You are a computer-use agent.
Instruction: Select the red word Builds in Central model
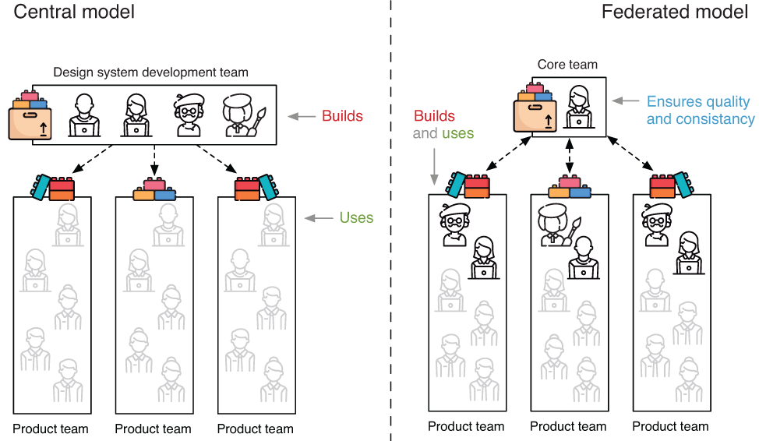(342, 116)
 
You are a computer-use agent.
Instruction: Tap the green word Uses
(356, 218)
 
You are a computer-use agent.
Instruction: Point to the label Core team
(567, 65)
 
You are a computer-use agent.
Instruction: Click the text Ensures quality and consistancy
(701, 111)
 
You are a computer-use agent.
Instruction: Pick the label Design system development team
(150, 72)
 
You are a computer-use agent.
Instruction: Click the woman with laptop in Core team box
(578, 108)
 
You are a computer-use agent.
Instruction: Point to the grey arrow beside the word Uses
(318, 219)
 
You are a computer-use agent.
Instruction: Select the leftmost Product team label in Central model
(51, 429)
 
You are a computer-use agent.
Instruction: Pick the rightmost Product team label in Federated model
(670, 426)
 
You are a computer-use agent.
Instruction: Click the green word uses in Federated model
(457, 133)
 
